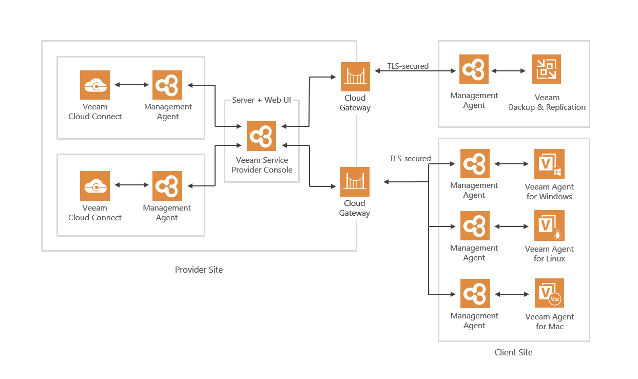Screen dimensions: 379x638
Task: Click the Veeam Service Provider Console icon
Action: [x=261, y=136]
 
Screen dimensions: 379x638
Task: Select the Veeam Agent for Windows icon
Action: [x=549, y=164]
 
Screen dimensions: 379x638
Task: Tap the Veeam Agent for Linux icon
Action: [x=549, y=225]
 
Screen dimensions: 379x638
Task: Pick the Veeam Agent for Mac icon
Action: [x=549, y=293]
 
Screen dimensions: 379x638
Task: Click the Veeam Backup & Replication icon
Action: [x=546, y=69]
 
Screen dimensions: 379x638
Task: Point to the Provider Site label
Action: [x=199, y=270]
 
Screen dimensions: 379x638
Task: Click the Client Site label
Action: [x=513, y=352]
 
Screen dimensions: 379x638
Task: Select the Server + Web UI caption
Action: [x=261, y=100]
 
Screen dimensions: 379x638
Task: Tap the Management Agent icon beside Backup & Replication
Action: [x=474, y=69]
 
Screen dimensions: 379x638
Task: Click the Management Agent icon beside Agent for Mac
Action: [x=475, y=294]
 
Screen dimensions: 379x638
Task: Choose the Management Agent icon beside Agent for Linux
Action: [x=475, y=226]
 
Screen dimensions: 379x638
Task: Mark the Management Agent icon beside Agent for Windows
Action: [x=475, y=164]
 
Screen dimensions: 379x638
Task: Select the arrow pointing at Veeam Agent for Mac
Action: [x=512, y=294]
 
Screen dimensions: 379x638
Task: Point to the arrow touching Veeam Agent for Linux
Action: [x=512, y=226]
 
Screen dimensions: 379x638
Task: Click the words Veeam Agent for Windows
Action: [x=549, y=192]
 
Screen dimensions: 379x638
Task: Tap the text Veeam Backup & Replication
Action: [x=547, y=102]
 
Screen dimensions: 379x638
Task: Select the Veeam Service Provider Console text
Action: [x=262, y=165]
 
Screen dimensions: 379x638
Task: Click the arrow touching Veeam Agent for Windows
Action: [x=512, y=164]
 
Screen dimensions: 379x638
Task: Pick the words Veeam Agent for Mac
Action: [x=550, y=321]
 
